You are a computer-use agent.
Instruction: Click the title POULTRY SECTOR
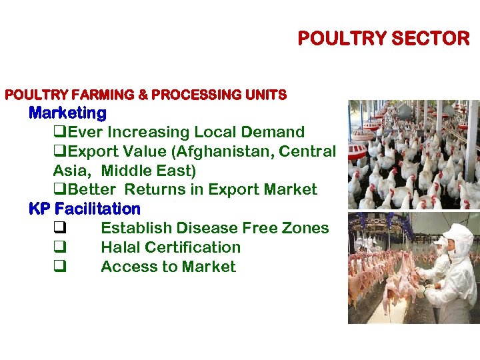pyautogui.click(x=383, y=39)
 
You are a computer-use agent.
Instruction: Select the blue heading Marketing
pyautogui.click(x=67, y=113)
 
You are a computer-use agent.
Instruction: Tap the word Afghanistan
pyautogui.click(x=213, y=151)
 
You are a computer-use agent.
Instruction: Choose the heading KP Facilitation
pyautogui.click(x=85, y=209)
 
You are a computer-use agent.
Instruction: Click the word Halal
pyautogui.click(x=120, y=247)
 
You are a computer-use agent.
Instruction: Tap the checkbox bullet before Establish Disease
pyautogui.click(x=59, y=228)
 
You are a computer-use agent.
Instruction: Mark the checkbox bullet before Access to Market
pyautogui.click(x=59, y=267)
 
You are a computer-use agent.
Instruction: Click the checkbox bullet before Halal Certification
pyautogui.click(x=59, y=247)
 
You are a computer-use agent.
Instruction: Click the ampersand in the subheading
pyautogui.click(x=143, y=95)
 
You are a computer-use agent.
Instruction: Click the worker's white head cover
pyautogui.click(x=458, y=237)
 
